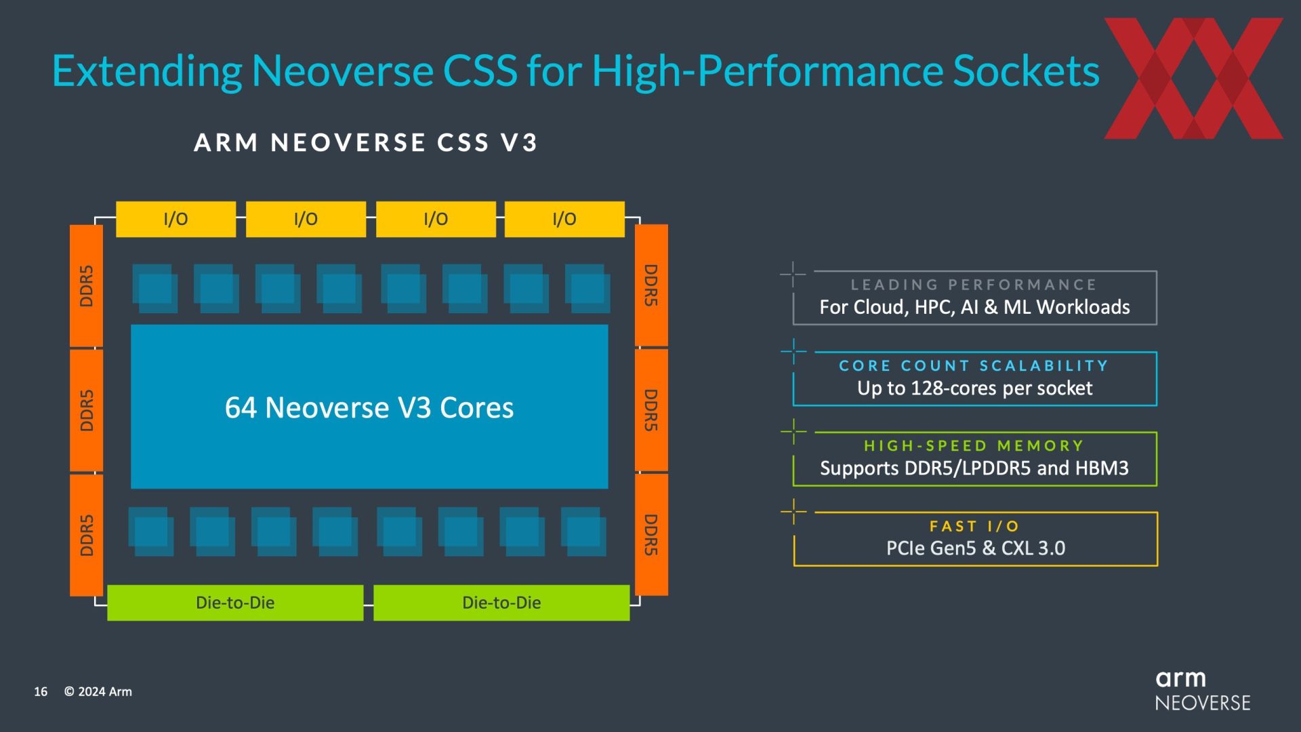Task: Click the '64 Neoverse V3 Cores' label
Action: [x=369, y=407]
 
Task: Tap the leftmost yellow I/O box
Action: [x=175, y=219]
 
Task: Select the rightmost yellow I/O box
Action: [x=564, y=219]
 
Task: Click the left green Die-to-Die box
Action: [x=235, y=603]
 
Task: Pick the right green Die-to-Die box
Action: [x=501, y=603]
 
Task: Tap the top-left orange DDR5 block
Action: [x=86, y=285]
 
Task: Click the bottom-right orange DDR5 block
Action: [x=651, y=535]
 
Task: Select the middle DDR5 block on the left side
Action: [x=86, y=410]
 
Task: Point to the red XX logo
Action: [x=1193, y=79]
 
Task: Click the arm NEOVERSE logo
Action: [x=1203, y=691]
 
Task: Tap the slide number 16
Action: [x=41, y=691]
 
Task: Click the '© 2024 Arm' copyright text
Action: [x=98, y=691]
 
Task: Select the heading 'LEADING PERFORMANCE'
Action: [x=974, y=285]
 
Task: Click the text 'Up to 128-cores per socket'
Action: [x=974, y=388]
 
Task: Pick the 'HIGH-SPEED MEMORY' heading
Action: [x=974, y=446]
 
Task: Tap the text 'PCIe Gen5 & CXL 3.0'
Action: [x=976, y=548]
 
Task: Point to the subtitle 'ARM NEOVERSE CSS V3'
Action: [x=366, y=142]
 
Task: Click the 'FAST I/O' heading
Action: [x=974, y=526]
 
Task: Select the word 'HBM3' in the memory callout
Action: [x=1102, y=468]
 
